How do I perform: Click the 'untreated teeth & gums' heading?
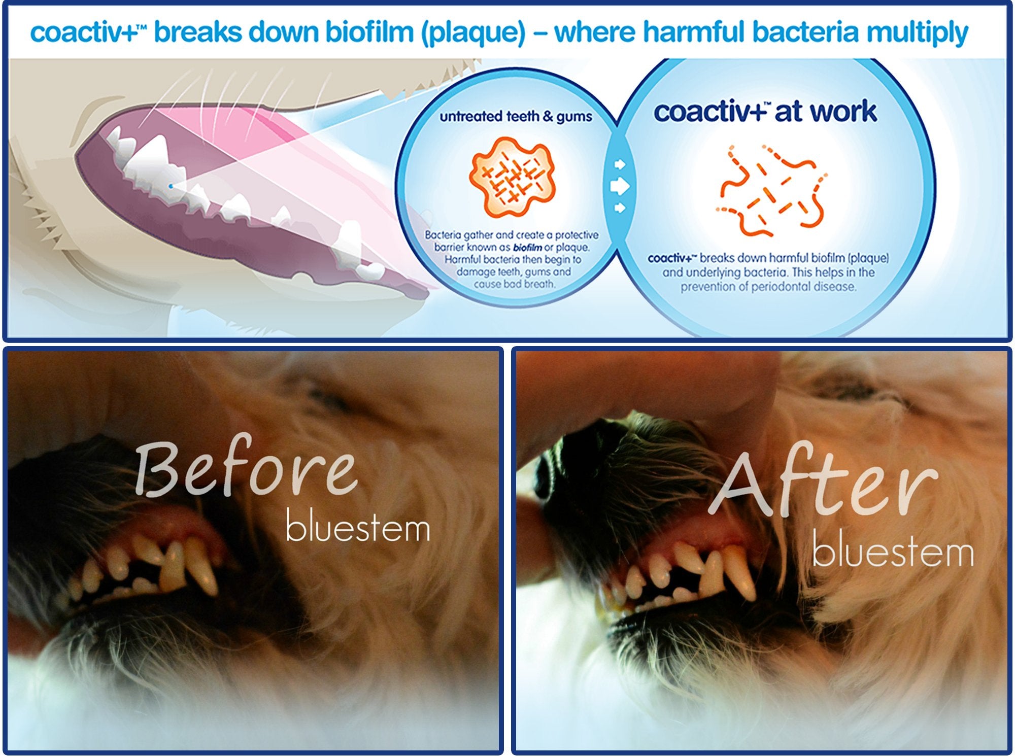[516, 117]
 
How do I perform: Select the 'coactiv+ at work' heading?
[765, 112]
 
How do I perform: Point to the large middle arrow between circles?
[619, 186]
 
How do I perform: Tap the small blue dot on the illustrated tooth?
[171, 186]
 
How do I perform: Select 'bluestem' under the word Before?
[358, 528]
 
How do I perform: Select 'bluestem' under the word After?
[893, 553]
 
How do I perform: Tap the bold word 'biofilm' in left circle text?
[527, 248]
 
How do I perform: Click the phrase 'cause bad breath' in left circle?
[515, 284]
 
